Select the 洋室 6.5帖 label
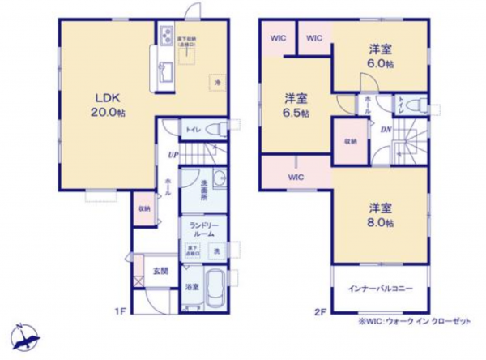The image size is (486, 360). tap(296, 105)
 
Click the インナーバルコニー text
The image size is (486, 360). tap(379, 289)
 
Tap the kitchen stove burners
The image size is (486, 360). tap(167, 36)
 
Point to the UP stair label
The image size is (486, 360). tap(173, 155)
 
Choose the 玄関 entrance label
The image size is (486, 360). tap(160, 270)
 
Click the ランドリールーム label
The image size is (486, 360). tap(202, 229)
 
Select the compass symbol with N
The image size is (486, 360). tap(23, 338)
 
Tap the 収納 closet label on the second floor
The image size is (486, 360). tap(349, 140)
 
